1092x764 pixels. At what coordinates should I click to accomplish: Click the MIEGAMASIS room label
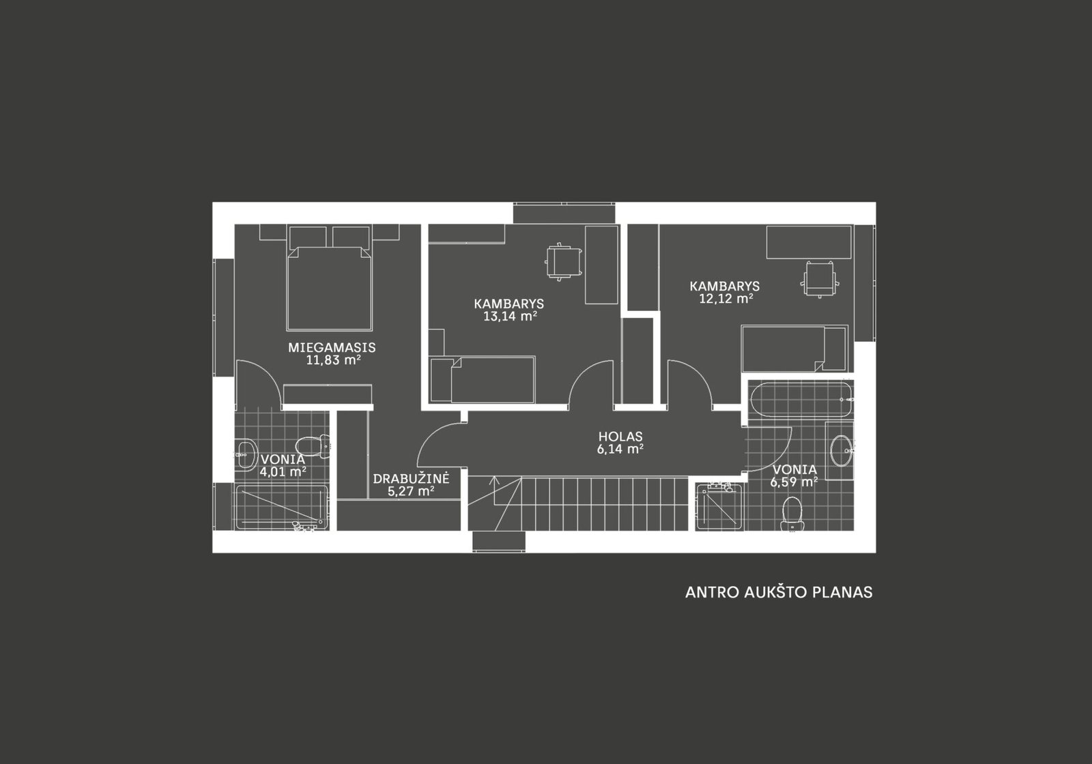coord(332,347)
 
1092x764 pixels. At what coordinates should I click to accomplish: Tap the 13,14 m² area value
coord(510,317)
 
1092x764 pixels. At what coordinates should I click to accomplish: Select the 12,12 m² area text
coord(726,298)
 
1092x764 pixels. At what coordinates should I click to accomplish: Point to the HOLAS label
coord(620,436)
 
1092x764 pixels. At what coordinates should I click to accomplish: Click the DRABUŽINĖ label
coord(411,477)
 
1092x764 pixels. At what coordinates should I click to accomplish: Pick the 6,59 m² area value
coord(794,482)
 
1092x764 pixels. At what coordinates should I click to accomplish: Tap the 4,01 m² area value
coord(283,471)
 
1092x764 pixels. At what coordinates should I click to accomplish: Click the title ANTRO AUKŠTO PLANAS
coord(779,592)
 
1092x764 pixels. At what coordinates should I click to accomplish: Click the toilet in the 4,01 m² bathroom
coord(313,446)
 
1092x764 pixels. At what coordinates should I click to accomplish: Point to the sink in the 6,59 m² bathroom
coord(842,450)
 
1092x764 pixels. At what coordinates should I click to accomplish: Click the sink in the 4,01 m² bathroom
coord(246,454)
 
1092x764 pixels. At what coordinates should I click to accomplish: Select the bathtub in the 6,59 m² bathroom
coord(802,400)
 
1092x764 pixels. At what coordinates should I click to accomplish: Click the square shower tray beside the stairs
coord(719,506)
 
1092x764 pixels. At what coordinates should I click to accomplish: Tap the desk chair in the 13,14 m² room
coord(563,262)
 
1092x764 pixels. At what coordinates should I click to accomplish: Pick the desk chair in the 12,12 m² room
coord(820,280)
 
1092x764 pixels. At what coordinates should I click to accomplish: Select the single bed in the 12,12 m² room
coord(794,349)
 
